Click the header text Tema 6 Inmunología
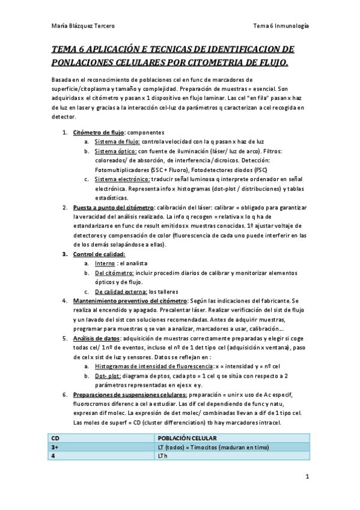281,26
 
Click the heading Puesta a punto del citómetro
113,207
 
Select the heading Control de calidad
99,254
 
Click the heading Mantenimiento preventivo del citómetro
130,301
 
